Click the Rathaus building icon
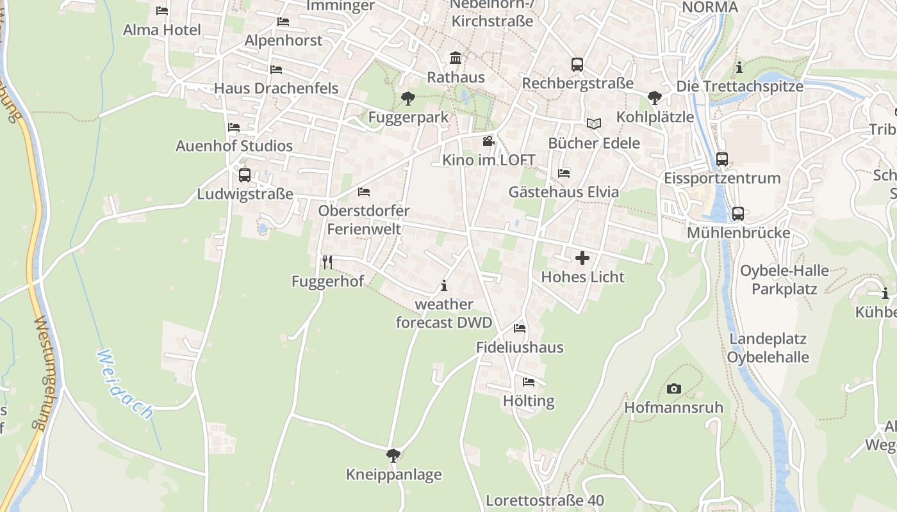tap(456, 58)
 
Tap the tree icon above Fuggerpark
tap(407, 99)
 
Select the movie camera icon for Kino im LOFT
tap(488, 141)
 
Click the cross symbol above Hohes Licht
tap(582, 258)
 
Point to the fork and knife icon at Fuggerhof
tap(327, 262)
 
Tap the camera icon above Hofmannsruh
tap(673, 388)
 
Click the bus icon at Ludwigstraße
tap(245, 175)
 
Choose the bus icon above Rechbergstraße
tap(577, 65)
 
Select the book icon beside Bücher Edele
tap(594, 124)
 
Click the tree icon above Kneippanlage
tap(393, 456)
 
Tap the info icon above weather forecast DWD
tap(444, 285)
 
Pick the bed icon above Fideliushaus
tap(520, 328)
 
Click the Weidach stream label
tap(126, 384)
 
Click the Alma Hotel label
tap(162, 30)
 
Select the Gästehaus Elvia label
tap(564, 192)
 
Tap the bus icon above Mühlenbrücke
tap(738, 214)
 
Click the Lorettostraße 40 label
tap(545, 500)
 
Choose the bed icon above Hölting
tap(529, 382)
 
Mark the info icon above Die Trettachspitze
tap(739, 67)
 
